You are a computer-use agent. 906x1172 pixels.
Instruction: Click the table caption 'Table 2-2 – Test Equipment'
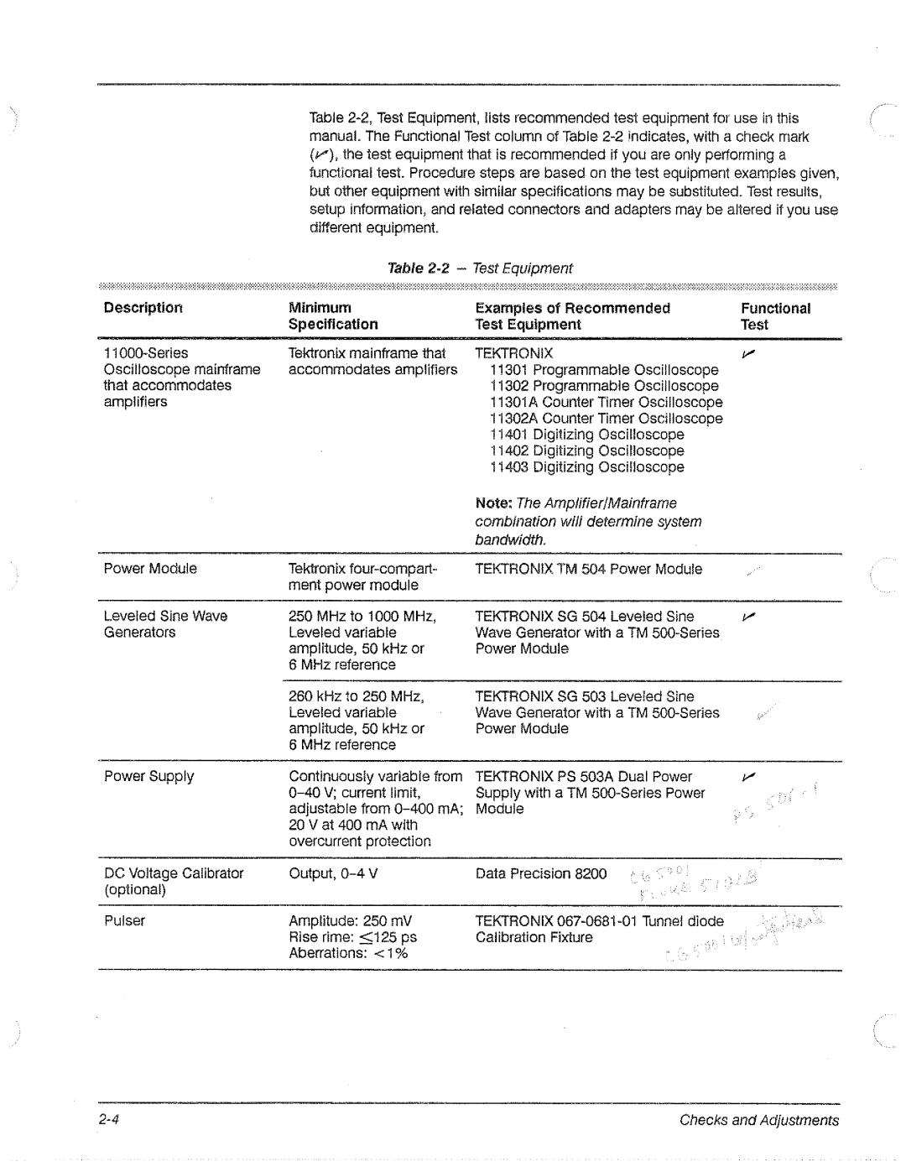coord(479,268)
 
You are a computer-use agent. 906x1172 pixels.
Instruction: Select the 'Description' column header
coord(143,308)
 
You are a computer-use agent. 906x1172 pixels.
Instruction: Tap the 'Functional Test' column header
coord(775,316)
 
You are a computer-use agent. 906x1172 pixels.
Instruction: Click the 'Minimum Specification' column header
coord(333,316)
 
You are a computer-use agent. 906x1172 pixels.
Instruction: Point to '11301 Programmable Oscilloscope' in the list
coord(604,370)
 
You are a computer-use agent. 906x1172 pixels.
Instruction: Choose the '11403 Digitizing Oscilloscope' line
coord(587,467)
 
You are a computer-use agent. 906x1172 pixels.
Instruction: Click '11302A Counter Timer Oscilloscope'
coord(606,419)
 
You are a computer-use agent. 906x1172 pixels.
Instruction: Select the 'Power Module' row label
coord(150,569)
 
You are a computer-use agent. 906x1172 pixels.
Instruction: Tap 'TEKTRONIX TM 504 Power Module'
coord(588,570)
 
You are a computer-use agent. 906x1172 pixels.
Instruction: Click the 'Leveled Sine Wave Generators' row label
coord(165,624)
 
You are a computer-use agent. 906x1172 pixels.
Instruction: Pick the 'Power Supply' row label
coord(148,777)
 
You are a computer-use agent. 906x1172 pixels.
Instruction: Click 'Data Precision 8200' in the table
coord(540,874)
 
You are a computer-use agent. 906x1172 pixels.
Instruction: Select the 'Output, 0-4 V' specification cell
coord(333,873)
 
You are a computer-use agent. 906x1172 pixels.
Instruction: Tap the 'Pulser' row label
coord(124,921)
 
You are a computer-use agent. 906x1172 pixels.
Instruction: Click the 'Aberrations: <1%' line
coord(348,953)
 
